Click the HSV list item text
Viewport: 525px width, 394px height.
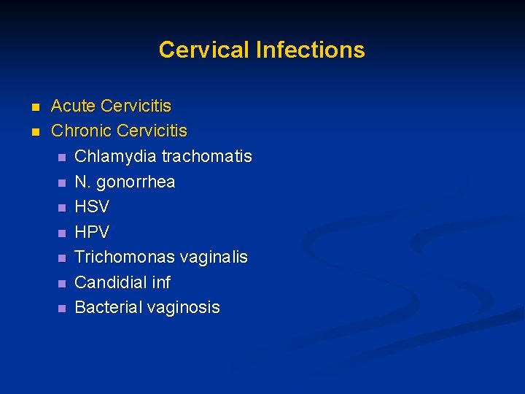coord(92,207)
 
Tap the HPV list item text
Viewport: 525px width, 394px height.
coord(92,233)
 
